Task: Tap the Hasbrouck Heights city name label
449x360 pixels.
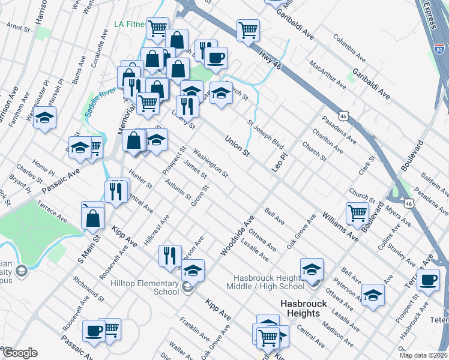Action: [304, 308]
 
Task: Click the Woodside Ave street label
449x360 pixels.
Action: [237, 236]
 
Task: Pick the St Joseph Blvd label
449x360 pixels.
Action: [265, 134]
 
